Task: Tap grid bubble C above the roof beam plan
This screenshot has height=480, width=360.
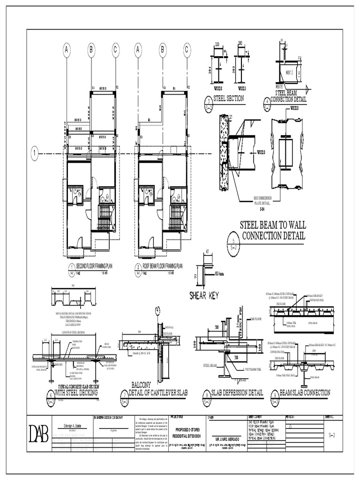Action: pyautogui.click(x=187, y=49)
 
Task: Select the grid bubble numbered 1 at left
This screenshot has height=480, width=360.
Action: pyautogui.click(x=34, y=153)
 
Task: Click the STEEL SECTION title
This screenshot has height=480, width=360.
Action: pyautogui.click(x=229, y=98)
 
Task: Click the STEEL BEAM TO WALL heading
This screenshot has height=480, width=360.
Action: pyautogui.click(x=273, y=225)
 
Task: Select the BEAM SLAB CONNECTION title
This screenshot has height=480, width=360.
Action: pyautogui.click(x=305, y=392)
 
